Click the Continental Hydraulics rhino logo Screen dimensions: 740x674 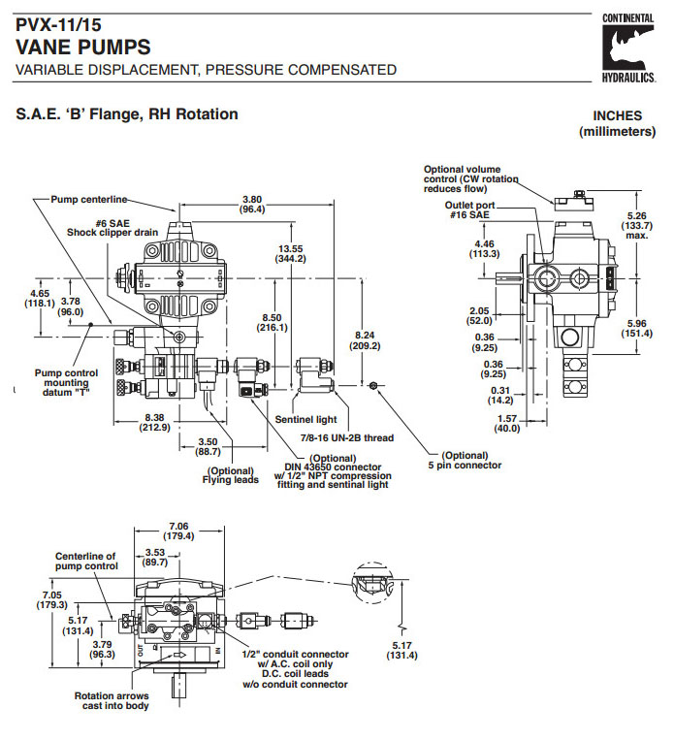tap(627, 48)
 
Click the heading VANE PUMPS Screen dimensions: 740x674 tap(83, 47)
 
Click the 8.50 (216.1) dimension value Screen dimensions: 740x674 tap(273, 322)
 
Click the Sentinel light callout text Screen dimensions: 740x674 tap(304, 420)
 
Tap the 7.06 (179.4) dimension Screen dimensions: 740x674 tap(178, 530)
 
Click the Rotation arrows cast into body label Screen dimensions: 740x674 tap(113, 700)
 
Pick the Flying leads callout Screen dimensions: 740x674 tap(231, 475)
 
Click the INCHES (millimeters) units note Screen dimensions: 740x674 tap(617, 123)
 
